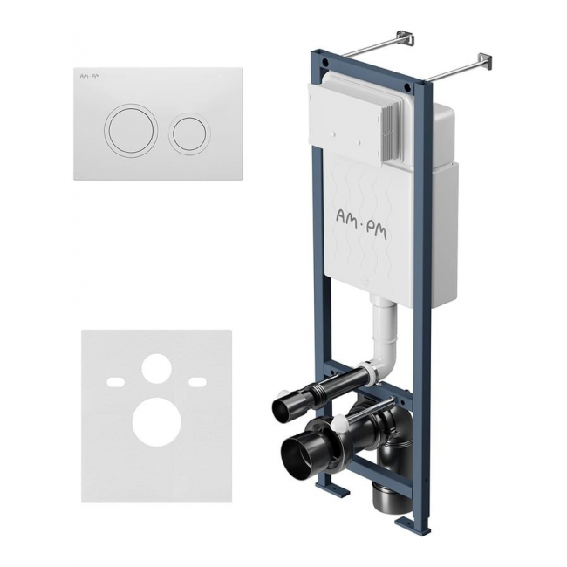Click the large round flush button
click(131, 132)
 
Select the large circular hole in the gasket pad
click(156, 421)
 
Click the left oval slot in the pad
click(116, 381)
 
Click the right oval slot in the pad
click(197, 381)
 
